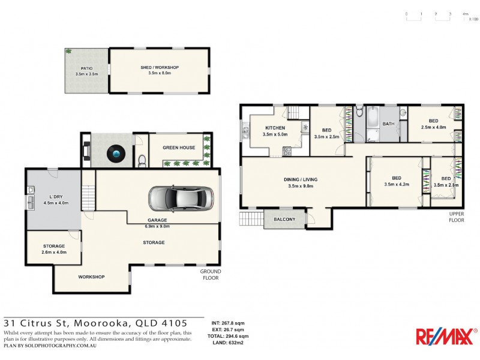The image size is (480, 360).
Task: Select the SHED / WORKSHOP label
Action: tap(159, 68)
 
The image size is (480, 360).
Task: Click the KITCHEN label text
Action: tap(275, 128)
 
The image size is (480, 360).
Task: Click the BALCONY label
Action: tap(284, 220)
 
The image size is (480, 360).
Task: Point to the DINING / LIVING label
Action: tap(301, 179)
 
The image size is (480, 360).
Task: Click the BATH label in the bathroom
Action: tap(388, 124)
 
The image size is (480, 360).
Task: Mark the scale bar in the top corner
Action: tap(436, 16)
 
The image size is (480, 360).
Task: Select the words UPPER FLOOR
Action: tap(457, 217)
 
